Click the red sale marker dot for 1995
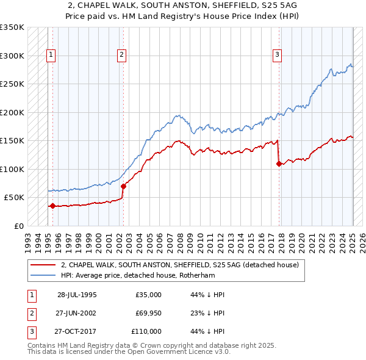tap(52, 206)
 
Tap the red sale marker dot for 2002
tap(123, 186)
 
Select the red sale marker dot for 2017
tap(279, 164)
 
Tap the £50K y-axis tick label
tap(14, 198)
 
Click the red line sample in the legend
tap(43, 265)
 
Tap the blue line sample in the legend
tap(43, 275)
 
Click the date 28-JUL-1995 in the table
tap(77, 295)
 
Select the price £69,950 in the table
tap(148, 313)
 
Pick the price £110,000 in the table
tap(146, 331)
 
